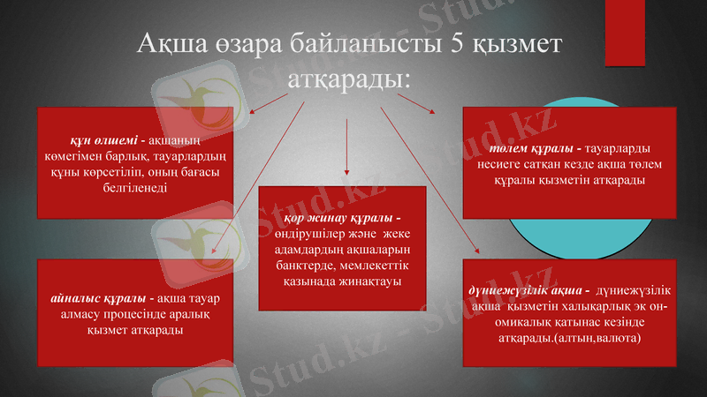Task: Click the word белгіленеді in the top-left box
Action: point(134,188)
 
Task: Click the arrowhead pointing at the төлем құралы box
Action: point(432,112)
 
